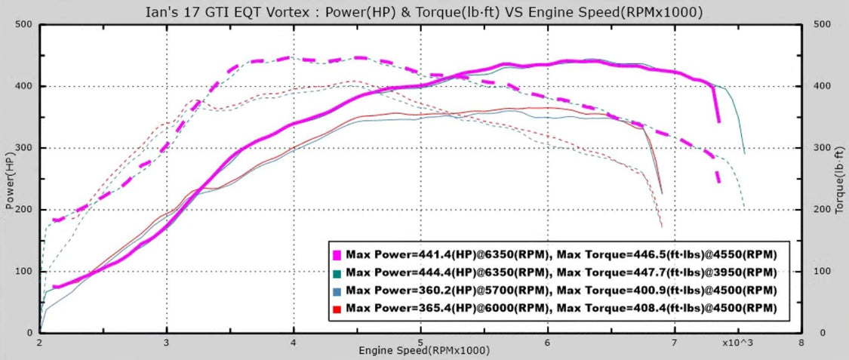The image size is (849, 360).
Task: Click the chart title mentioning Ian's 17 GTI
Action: (423, 11)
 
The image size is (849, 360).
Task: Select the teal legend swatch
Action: (337, 272)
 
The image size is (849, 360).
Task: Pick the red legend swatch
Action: (337, 309)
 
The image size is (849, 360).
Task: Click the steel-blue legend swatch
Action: (337, 291)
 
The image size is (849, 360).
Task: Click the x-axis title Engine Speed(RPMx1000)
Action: (423, 351)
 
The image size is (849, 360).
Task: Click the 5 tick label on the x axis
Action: (420, 342)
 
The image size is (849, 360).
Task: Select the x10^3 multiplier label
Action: (737, 342)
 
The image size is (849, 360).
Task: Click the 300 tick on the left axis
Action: (24, 148)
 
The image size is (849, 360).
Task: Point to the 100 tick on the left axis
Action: (24, 271)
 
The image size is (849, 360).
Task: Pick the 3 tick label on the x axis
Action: (166, 342)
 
